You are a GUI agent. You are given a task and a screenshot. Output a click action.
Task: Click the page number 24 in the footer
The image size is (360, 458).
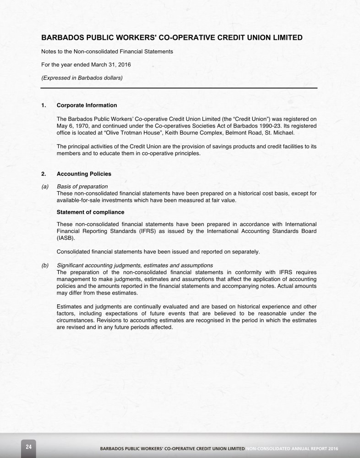point(28,446)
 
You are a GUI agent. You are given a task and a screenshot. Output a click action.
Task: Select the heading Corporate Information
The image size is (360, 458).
point(87,105)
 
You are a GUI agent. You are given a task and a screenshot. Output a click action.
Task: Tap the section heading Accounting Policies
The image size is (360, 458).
point(84,174)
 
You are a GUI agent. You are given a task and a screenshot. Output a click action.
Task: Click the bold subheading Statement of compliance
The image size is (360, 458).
point(90,212)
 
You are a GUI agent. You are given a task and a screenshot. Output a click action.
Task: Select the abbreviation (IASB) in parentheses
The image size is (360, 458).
point(65,238)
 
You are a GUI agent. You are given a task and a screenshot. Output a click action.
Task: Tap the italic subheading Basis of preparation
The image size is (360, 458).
point(82,186)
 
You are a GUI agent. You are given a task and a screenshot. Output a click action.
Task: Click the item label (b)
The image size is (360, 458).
point(45,265)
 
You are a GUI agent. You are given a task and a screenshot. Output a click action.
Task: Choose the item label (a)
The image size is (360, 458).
point(45,186)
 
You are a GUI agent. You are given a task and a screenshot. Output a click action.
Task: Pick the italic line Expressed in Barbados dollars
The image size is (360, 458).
point(82,78)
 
